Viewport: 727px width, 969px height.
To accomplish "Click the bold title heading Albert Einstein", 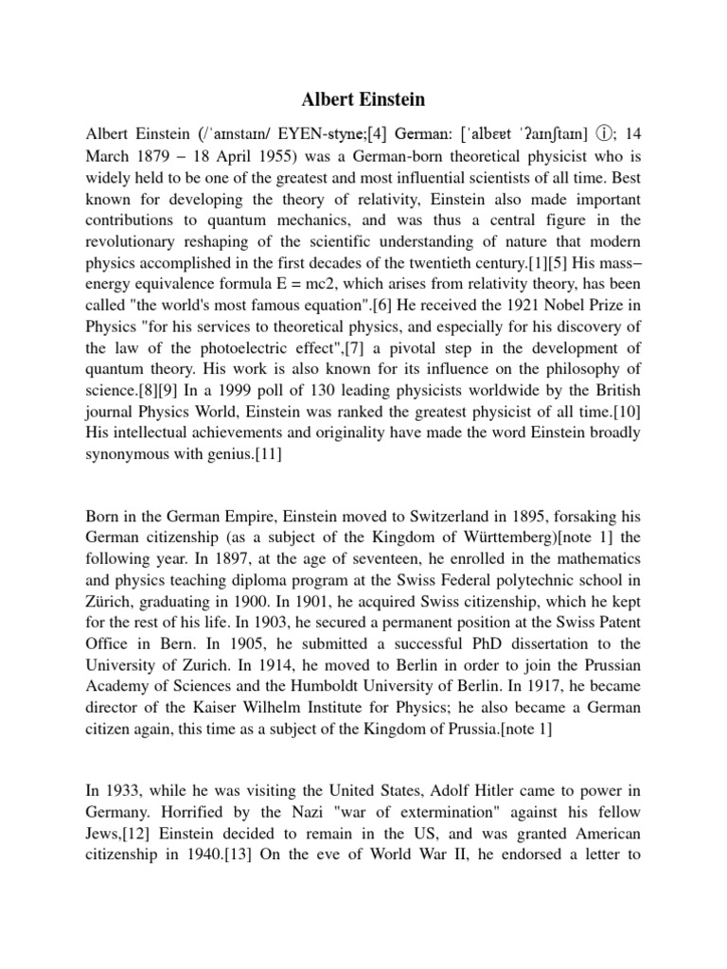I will tap(363, 100).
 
